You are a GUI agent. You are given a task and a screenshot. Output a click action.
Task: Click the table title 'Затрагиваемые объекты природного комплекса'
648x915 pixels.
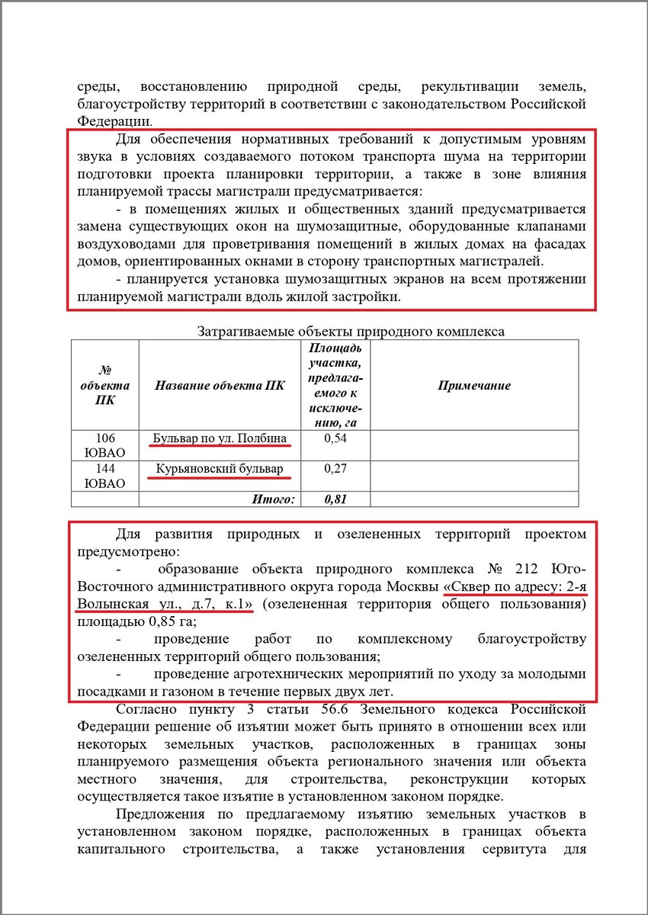tap(350, 332)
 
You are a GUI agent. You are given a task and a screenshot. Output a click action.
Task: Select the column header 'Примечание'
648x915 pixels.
tap(473, 386)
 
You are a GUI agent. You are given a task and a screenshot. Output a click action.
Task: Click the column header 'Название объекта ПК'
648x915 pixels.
tap(220, 386)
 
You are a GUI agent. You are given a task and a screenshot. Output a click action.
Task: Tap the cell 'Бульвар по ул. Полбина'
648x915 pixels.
tap(220, 438)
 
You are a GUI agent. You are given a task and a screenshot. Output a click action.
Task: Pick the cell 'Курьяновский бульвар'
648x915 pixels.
tap(220, 469)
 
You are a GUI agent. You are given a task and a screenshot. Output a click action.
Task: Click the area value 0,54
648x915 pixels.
tap(335, 438)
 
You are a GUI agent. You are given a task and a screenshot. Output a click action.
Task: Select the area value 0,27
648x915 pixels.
tap(335, 469)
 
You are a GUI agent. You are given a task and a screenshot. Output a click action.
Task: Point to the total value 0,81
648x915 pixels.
tap(335, 499)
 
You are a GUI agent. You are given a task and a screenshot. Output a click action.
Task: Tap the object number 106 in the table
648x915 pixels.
tap(104, 438)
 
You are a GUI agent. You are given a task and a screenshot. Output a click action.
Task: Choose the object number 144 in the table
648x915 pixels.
tap(104, 469)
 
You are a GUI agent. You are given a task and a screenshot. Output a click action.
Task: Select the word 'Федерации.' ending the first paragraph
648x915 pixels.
tap(114, 120)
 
